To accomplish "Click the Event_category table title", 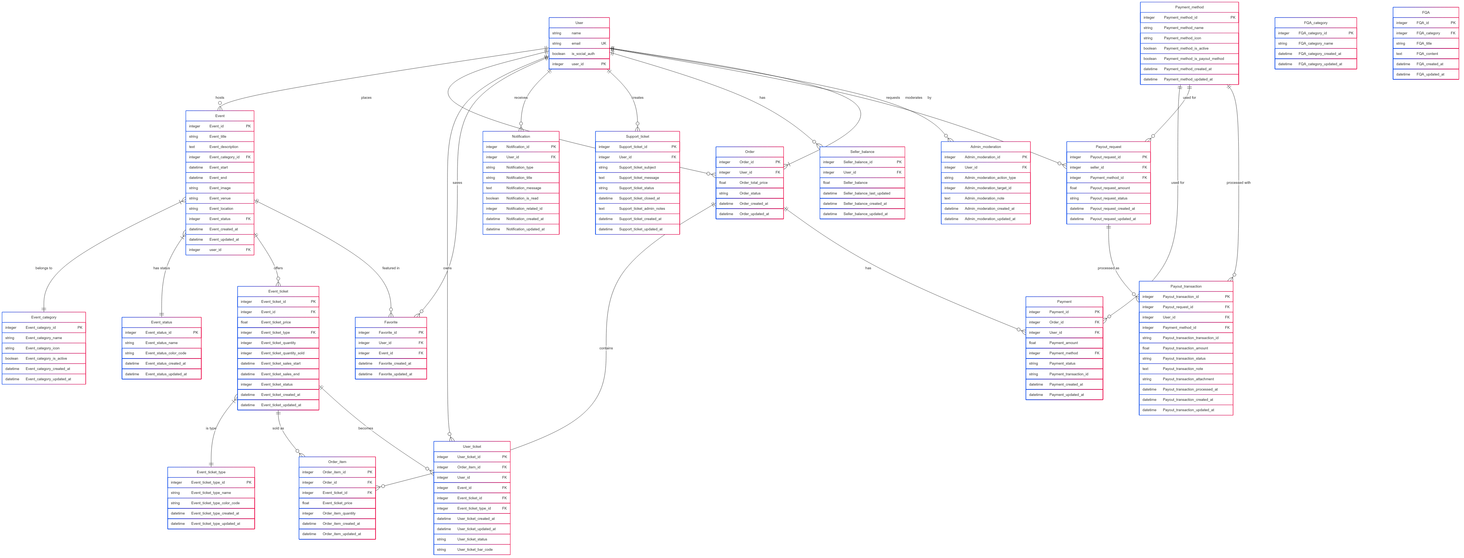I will click(x=44, y=317).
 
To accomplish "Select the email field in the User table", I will click(x=576, y=43).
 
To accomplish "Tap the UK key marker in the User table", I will click(x=603, y=43).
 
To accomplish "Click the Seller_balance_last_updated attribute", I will click(x=867, y=193).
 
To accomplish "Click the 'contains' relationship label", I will click(x=606, y=348).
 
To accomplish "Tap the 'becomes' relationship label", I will click(x=366, y=428).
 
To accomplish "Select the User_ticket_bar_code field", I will click(x=475, y=550).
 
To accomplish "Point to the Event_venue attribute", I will click(x=220, y=198).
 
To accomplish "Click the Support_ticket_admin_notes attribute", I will click(x=642, y=209).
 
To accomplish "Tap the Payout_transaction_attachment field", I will click(x=1188, y=379).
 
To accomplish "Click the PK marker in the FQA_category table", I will click(x=1350, y=33).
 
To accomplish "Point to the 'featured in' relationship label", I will click(x=390, y=268).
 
